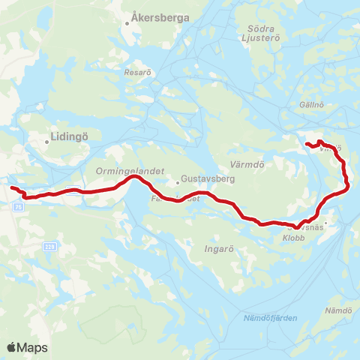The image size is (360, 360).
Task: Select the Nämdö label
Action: (338, 310)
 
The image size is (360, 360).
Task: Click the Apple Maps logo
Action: (27, 347)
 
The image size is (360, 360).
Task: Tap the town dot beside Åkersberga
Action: (128, 23)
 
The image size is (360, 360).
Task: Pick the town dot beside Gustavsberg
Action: (178, 181)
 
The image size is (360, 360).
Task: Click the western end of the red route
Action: (10, 187)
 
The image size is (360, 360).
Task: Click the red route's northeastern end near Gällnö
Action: (307, 142)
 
